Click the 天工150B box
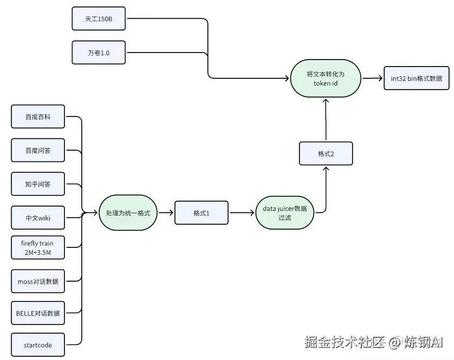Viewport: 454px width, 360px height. [98, 19]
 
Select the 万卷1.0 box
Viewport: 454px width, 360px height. [98, 53]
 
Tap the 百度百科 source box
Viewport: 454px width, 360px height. [38, 116]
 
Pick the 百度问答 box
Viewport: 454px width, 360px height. [38, 150]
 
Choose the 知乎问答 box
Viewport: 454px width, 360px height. [38, 184]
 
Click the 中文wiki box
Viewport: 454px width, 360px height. [38, 218]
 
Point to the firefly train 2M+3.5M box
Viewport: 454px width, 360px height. [38, 247]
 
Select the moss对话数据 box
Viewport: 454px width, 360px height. [38, 281]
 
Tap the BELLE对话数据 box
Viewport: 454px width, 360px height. [38, 313]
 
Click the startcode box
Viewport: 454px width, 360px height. [38, 345]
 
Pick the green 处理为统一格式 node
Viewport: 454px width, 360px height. [128, 213]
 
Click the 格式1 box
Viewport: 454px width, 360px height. [201, 213]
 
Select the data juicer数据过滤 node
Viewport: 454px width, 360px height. [284, 213]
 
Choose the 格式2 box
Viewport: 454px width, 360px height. [326, 153]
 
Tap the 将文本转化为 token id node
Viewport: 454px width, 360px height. [325, 78]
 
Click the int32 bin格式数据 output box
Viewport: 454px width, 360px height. [416, 78]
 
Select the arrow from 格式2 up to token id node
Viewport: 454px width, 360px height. [326, 121]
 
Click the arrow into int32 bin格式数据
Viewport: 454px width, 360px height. [371, 78]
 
